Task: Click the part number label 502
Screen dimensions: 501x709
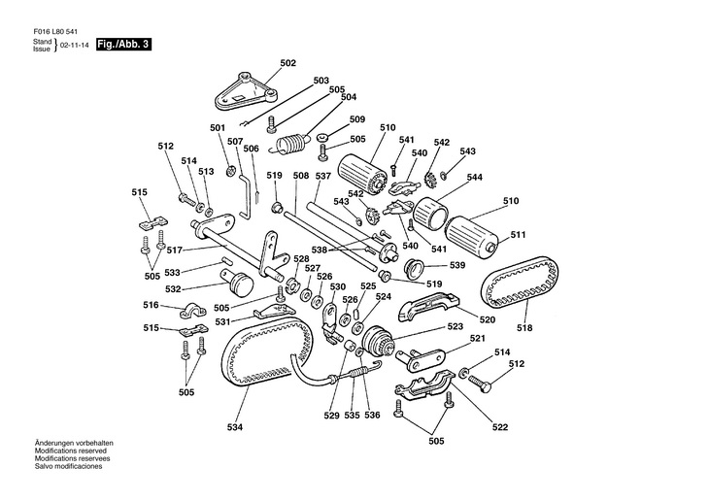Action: [x=287, y=63]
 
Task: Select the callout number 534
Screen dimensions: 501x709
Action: [x=236, y=426]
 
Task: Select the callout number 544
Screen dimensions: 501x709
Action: [x=475, y=178]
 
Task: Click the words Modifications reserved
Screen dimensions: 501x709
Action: [x=69, y=451]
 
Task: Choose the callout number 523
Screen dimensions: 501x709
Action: [x=456, y=327]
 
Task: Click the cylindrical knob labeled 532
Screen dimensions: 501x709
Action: [x=239, y=284]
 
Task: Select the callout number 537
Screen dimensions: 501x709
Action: [x=323, y=176]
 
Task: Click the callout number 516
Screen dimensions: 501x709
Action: [x=152, y=305]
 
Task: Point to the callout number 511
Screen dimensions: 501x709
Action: [x=518, y=233]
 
